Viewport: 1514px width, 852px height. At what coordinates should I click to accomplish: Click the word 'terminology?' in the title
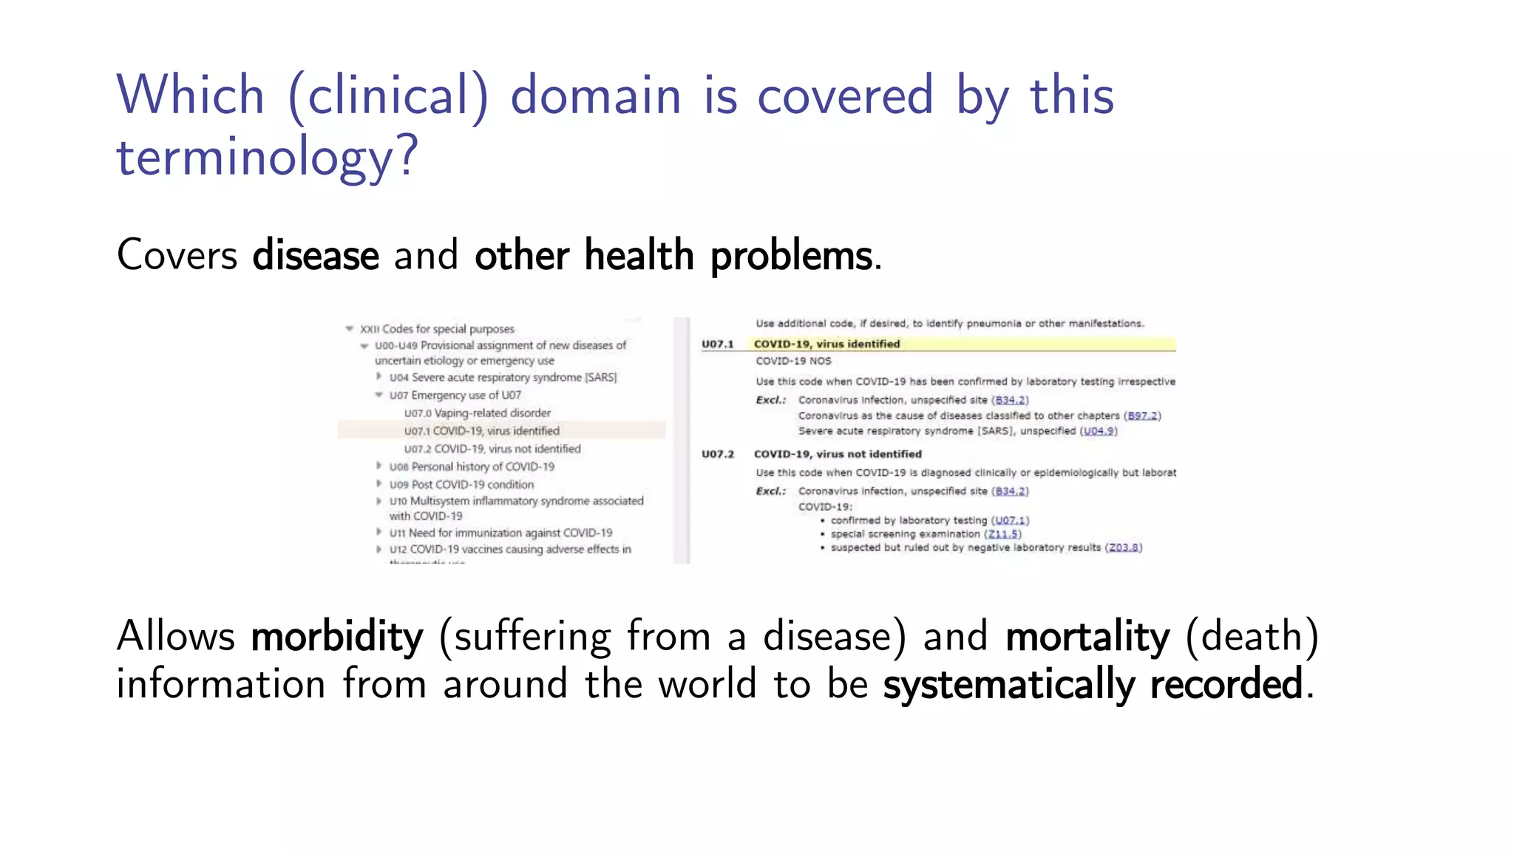coord(268,157)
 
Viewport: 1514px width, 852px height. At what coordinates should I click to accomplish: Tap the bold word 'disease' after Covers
coord(316,255)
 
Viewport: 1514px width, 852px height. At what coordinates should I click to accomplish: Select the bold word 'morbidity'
coord(337,637)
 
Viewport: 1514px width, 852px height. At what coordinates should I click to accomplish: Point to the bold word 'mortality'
coord(1087,637)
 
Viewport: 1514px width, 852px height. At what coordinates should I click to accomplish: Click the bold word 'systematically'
coord(1008,684)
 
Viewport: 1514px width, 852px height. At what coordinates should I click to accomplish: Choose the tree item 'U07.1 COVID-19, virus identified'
coord(481,430)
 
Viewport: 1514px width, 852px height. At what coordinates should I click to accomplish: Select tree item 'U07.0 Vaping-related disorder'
coord(478,413)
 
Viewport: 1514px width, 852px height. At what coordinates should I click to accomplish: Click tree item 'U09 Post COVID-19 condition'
coord(461,484)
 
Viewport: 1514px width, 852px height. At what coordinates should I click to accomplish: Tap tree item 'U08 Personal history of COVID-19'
coord(472,467)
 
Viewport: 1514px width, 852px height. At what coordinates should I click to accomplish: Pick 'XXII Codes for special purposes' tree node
coord(437,329)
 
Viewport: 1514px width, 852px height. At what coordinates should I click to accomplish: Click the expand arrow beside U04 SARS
coord(379,376)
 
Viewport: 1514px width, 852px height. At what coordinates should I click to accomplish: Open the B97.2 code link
coord(1143,416)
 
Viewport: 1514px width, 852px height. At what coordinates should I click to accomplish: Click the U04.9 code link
coord(1099,431)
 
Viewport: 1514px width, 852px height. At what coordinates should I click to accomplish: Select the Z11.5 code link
coord(1004,534)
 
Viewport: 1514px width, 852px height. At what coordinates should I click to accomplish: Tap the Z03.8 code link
coord(1124,547)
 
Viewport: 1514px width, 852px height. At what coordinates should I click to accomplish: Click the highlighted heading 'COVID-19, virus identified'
coord(826,344)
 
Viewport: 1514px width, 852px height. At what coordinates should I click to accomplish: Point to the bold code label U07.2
coord(718,454)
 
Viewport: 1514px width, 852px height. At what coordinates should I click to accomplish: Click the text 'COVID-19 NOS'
coord(793,361)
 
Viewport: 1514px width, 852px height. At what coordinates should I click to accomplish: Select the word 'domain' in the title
coord(596,96)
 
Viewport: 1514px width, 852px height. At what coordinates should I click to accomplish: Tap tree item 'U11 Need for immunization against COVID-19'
coord(500,532)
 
